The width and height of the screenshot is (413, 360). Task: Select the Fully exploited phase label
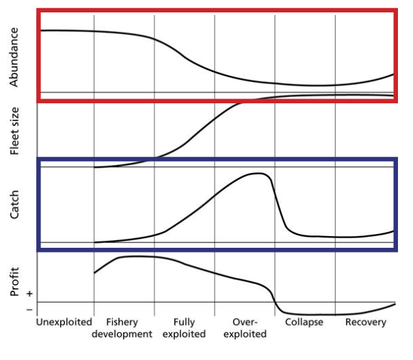(185, 328)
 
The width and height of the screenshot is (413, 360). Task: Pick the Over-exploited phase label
(245, 328)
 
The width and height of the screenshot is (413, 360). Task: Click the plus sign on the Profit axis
(29, 293)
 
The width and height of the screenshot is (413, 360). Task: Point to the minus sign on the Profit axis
(29, 309)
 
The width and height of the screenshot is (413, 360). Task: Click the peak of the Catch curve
(258, 173)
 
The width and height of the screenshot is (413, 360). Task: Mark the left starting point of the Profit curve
(94, 273)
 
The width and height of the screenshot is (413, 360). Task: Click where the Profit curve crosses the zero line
(276, 302)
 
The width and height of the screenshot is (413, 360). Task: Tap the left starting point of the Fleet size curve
(94, 167)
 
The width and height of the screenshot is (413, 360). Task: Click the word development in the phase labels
(124, 334)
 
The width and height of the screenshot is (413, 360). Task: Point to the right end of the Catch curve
(395, 231)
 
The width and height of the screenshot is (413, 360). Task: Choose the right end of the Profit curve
(395, 303)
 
